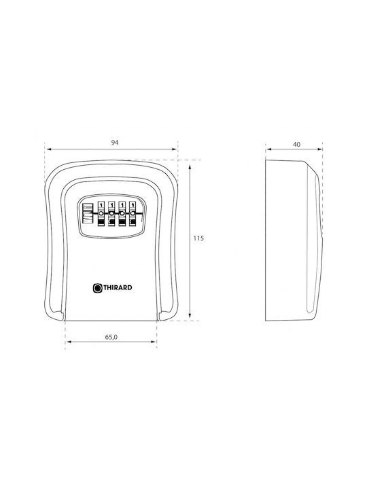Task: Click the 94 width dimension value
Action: (115, 143)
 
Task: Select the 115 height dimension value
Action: (198, 238)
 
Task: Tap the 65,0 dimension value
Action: (111, 337)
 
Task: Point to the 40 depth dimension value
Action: (297, 145)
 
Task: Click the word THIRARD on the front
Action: (118, 287)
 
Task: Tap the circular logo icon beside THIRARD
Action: (98, 288)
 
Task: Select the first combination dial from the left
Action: (101, 213)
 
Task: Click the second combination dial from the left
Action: (111, 213)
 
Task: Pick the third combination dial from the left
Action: (122, 213)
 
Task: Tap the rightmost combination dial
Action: (133, 213)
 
